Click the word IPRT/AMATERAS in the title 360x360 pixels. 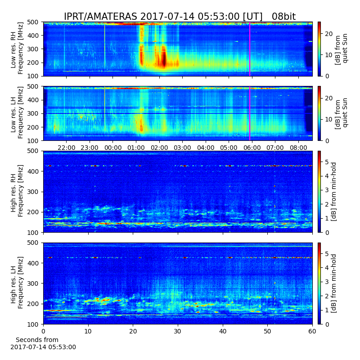[x=100, y=17]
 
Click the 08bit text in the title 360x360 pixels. [x=283, y=17]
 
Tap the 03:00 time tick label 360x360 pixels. [x=182, y=148]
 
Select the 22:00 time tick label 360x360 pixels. [x=66, y=148]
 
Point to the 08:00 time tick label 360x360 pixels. [x=298, y=148]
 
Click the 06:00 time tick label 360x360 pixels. [x=252, y=148]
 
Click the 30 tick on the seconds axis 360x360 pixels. [x=178, y=331]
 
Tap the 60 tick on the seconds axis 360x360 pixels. [x=312, y=331]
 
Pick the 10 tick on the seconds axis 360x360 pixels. [x=88, y=331]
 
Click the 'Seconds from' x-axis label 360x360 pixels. [x=37, y=340]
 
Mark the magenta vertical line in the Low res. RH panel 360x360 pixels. [x=250, y=49]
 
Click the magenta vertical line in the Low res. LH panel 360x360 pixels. [x=250, y=114]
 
